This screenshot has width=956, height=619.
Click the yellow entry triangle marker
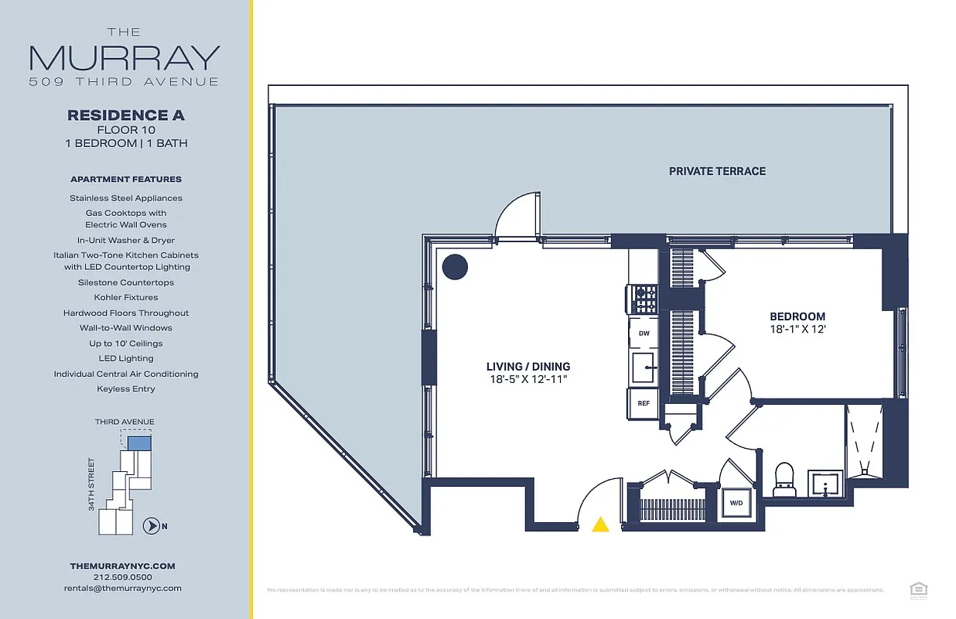tap(600, 525)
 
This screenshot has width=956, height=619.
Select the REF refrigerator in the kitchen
tap(643, 403)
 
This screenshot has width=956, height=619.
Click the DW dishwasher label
tap(644, 333)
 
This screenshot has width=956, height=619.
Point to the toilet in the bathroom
tap(784, 480)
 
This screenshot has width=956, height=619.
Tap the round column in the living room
tap(455, 267)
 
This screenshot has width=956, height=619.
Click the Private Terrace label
tap(717, 171)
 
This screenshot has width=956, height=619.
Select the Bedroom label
tap(797, 316)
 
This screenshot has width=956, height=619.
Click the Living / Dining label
tap(528, 367)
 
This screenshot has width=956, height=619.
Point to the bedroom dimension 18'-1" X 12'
tap(797, 329)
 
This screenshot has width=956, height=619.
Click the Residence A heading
tap(126, 115)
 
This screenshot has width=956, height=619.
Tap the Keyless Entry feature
tap(126, 389)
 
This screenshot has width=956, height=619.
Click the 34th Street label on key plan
tap(91, 484)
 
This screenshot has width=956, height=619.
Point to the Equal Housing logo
tap(919, 590)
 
